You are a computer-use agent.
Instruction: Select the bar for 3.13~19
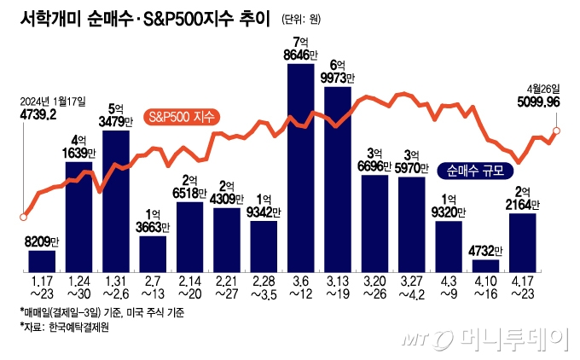pos(338,179)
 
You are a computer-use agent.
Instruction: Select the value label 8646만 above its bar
pos(302,54)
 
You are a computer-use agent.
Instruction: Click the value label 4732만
pos(485,251)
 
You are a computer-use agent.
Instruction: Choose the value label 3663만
pos(154,227)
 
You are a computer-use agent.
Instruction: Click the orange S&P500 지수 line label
pos(182,116)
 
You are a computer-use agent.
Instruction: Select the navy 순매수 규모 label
pos(474,170)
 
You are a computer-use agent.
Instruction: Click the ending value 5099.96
pos(538,101)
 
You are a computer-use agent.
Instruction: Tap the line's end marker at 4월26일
pos(556,131)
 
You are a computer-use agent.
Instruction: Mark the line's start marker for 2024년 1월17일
pos(22,216)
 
